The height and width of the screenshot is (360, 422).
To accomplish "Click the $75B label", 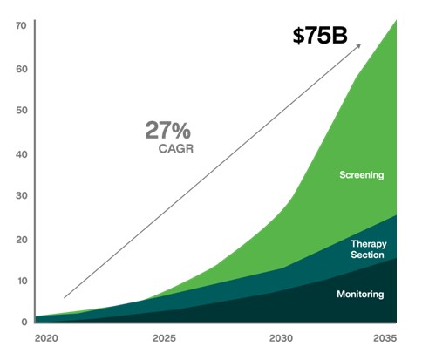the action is (x=320, y=36).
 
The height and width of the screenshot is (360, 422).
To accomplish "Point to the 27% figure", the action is (x=168, y=130).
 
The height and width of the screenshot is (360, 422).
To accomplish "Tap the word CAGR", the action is (x=176, y=149).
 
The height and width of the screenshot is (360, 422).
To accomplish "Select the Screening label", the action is (x=362, y=175).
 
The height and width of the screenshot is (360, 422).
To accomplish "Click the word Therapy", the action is (x=369, y=244).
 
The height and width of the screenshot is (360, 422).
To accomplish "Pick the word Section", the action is (x=367, y=255).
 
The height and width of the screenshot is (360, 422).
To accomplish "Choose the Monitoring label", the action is (x=360, y=295).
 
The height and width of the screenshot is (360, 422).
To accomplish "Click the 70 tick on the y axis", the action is (x=21, y=26).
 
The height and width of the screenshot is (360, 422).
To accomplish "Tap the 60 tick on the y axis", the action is (x=22, y=69).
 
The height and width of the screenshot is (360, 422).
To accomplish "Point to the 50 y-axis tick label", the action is (x=22, y=111).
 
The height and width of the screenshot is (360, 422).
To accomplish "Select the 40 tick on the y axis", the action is (x=22, y=154).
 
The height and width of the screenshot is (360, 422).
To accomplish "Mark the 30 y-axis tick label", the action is (x=22, y=195).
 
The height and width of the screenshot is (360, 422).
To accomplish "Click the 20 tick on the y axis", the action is (x=22, y=240).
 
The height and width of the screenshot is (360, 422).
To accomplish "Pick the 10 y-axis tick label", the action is (x=22, y=281).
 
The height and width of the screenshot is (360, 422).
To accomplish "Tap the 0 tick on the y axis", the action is (x=24, y=322).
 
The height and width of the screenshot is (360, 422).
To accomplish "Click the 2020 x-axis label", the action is (x=46, y=338).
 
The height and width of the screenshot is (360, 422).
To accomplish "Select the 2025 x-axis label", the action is (x=165, y=338).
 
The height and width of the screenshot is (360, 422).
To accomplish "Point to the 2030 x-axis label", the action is (x=281, y=338).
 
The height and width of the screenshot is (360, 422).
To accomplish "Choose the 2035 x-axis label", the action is (x=385, y=338).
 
